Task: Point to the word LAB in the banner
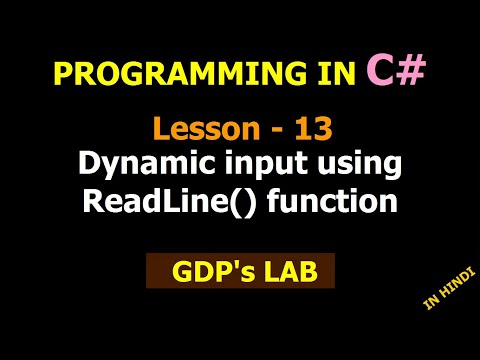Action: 286,271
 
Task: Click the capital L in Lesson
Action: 160,129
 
